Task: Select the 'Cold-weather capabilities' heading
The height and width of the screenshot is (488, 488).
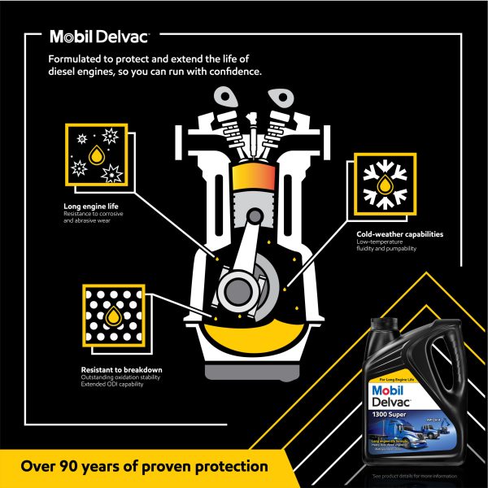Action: click(399, 234)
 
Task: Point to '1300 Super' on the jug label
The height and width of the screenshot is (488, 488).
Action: click(394, 412)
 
